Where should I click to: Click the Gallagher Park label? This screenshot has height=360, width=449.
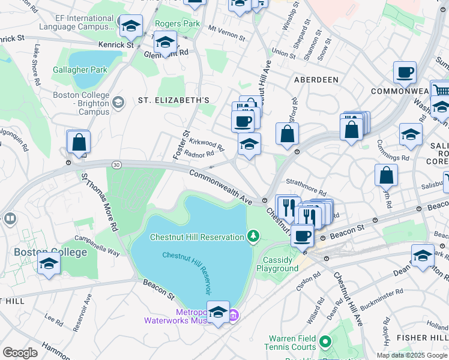[x=87, y=70]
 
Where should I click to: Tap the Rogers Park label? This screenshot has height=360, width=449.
[x=177, y=23]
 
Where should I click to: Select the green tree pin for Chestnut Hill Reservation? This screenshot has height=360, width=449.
[x=253, y=236]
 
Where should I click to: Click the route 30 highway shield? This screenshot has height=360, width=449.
[x=115, y=164]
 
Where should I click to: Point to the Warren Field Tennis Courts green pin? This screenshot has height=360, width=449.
[x=325, y=342]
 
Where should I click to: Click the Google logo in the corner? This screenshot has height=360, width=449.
[x=19, y=353]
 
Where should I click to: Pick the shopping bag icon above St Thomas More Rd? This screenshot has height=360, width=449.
[x=79, y=142]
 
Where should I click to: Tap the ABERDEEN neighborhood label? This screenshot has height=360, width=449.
[x=316, y=79]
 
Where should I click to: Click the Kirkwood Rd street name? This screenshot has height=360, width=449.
[x=206, y=144]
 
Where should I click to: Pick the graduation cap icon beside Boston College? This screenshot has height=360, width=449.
[x=49, y=263]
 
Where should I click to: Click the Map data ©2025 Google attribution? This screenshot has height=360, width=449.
[x=412, y=355]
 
